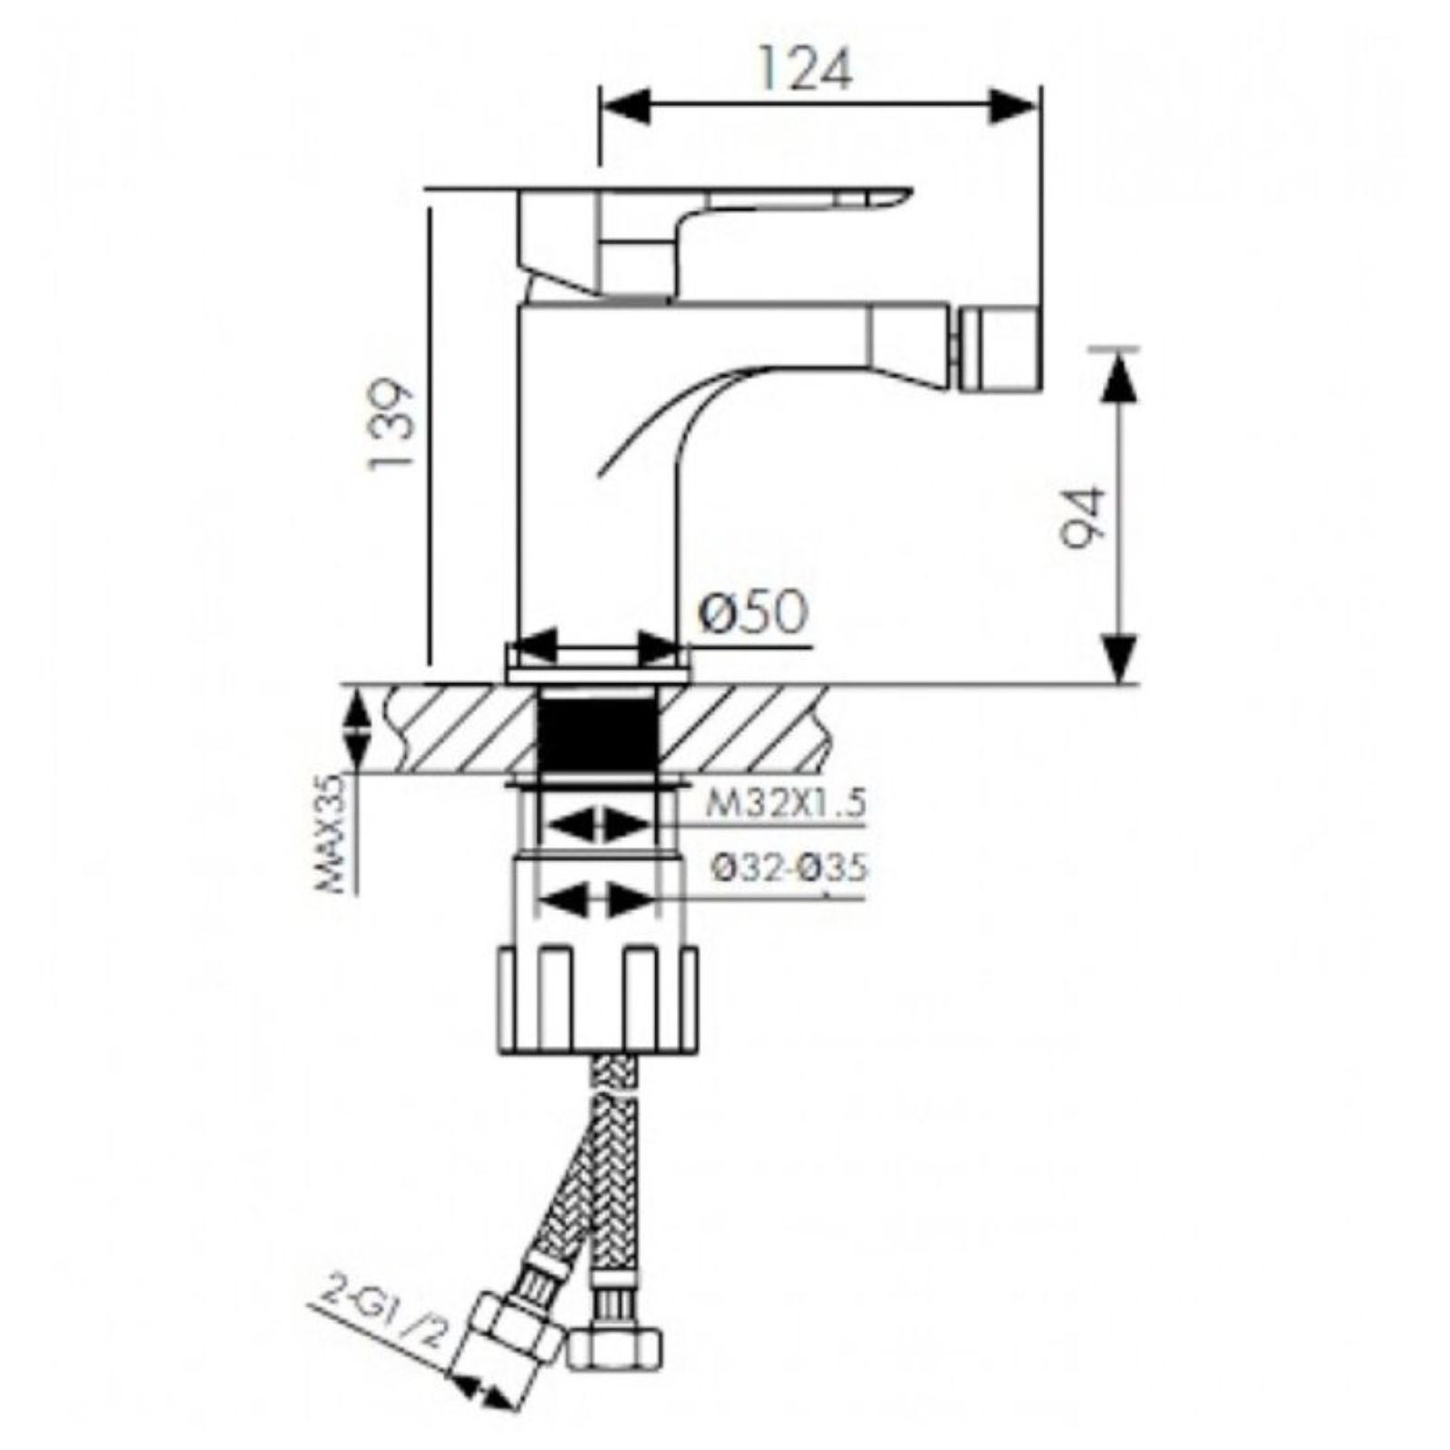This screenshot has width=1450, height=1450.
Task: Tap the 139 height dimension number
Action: tap(391, 423)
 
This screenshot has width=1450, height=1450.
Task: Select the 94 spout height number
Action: tap(1084, 518)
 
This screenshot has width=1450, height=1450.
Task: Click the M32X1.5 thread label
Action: tap(786, 802)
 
